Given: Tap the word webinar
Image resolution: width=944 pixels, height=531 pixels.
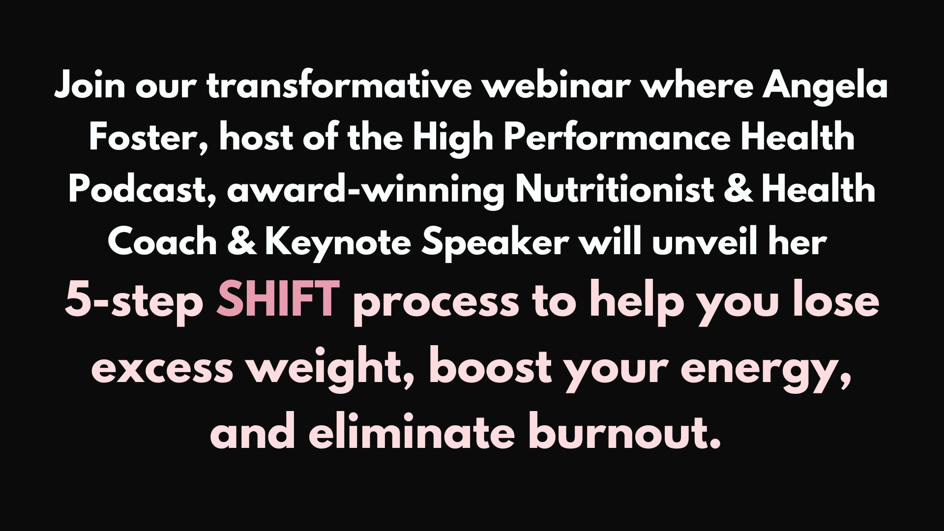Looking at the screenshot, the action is pyautogui.click(x=557, y=86).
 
